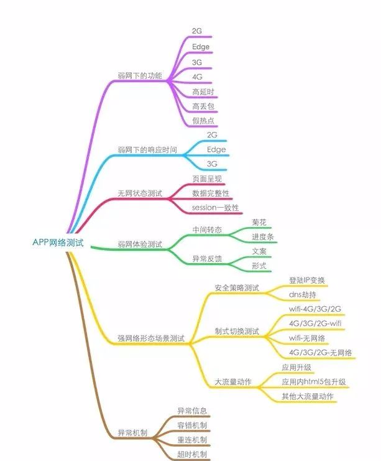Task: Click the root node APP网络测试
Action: [58, 242]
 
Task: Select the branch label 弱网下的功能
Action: [139, 76]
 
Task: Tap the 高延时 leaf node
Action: [204, 91]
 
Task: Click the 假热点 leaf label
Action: [204, 121]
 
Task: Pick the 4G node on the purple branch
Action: [197, 77]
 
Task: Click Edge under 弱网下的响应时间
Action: [216, 149]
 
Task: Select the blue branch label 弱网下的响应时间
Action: [147, 150]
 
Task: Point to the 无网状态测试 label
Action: [140, 193]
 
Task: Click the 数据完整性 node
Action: [211, 193]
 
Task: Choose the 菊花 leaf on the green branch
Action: [259, 222]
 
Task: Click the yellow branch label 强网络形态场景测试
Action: [151, 338]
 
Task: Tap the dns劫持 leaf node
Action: [303, 294]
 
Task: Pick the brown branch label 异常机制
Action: [132, 432]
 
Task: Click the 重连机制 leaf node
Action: [192, 440]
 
